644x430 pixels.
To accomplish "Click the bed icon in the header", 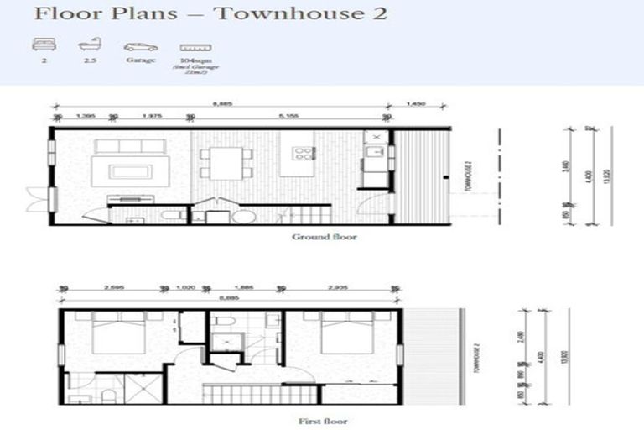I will (x=39, y=47).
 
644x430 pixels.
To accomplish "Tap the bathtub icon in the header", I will (x=86, y=47).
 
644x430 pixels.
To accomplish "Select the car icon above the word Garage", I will (x=139, y=47).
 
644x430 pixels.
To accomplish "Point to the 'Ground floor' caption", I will (x=324, y=237).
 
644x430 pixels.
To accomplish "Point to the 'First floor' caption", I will (x=324, y=421).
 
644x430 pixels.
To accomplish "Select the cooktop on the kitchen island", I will (x=301, y=155).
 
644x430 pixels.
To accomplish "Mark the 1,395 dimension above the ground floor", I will (x=84, y=115).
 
